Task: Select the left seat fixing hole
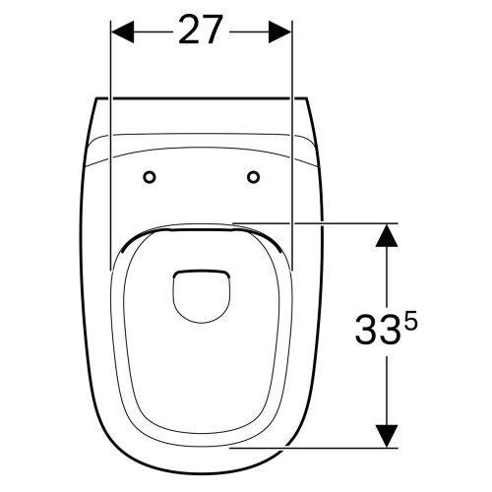click(150, 177)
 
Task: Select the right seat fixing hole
click(254, 177)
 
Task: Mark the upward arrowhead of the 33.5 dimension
click(387, 235)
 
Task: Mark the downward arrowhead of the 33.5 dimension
click(387, 433)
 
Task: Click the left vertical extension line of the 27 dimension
click(111, 148)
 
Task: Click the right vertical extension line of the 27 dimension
click(293, 148)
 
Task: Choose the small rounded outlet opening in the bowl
click(201, 290)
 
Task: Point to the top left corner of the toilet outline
click(95, 99)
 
